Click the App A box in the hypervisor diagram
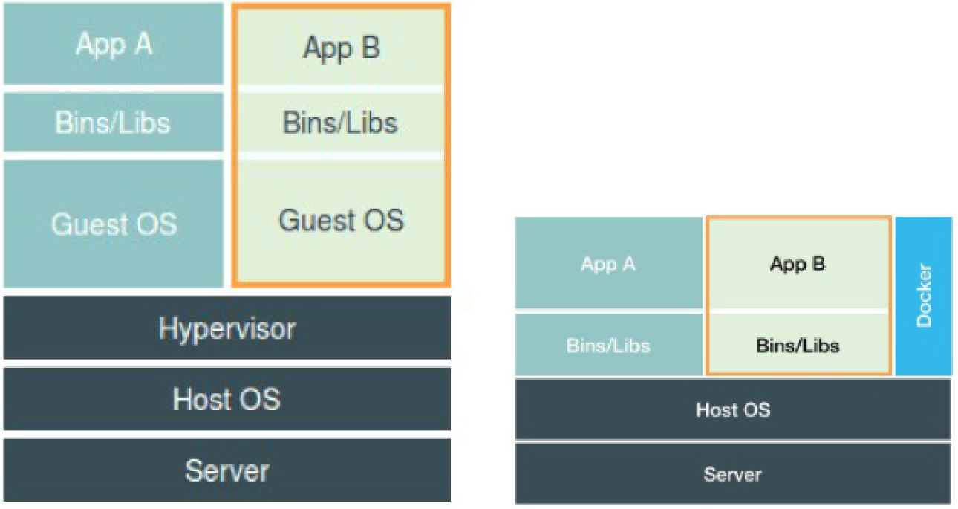114,44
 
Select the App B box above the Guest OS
341,47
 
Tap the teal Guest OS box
114,224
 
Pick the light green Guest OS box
341,221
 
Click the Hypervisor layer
227,328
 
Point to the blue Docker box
923,296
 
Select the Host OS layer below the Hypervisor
227,399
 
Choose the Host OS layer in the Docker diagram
733,409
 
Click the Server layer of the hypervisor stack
227,470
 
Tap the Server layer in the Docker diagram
733,474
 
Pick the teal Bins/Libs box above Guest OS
114,122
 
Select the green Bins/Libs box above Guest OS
341,122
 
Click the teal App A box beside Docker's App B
608,263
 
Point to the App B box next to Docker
798,264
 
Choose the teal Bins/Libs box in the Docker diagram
608,345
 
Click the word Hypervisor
227,329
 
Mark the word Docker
924,296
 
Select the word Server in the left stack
227,470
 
